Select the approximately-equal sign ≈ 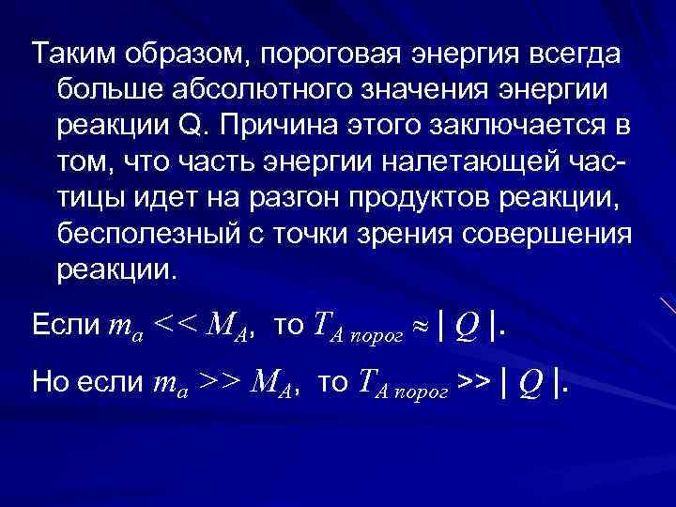(421, 327)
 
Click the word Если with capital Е (64, 325)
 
